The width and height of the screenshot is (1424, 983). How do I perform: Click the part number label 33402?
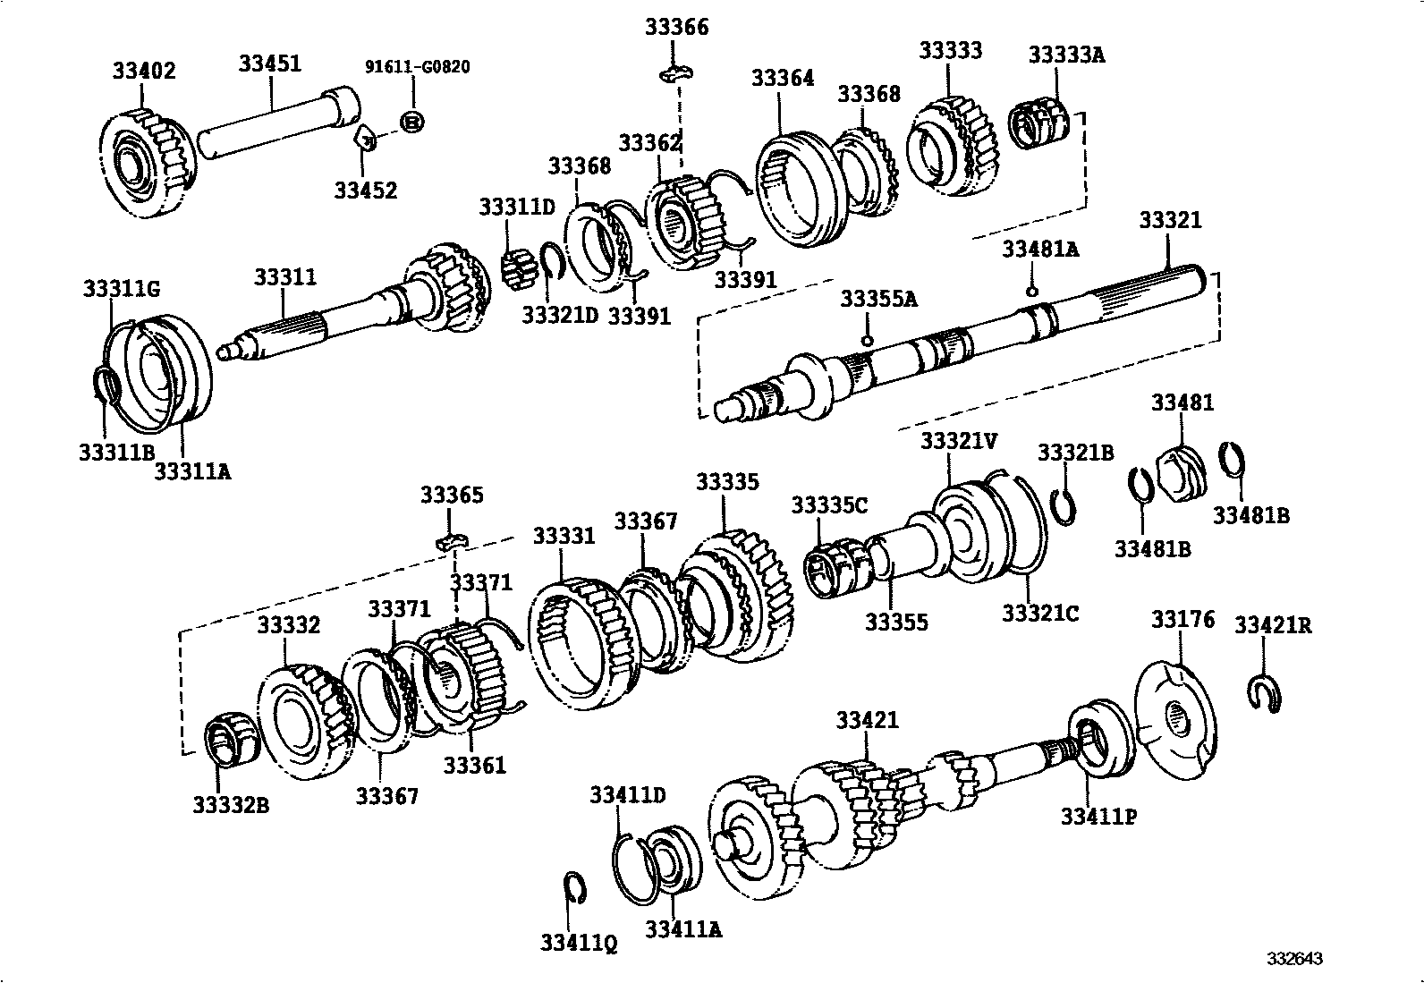[144, 71]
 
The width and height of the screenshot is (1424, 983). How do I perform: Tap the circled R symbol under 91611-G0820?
[411, 121]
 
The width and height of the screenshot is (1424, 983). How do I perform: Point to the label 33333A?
[1066, 55]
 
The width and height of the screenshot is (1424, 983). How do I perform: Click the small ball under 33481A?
[1031, 292]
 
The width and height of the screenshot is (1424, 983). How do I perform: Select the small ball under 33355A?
[867, 340]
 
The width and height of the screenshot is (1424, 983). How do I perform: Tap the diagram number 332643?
[1293, 959]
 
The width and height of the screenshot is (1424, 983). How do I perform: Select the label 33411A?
[683, 930]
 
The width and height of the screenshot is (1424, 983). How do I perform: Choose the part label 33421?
[867, 720]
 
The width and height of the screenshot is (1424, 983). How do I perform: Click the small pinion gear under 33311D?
[518, 269]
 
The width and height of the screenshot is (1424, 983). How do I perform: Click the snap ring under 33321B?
[1065, 506]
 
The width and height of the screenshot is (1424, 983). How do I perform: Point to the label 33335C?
[828, 505]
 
